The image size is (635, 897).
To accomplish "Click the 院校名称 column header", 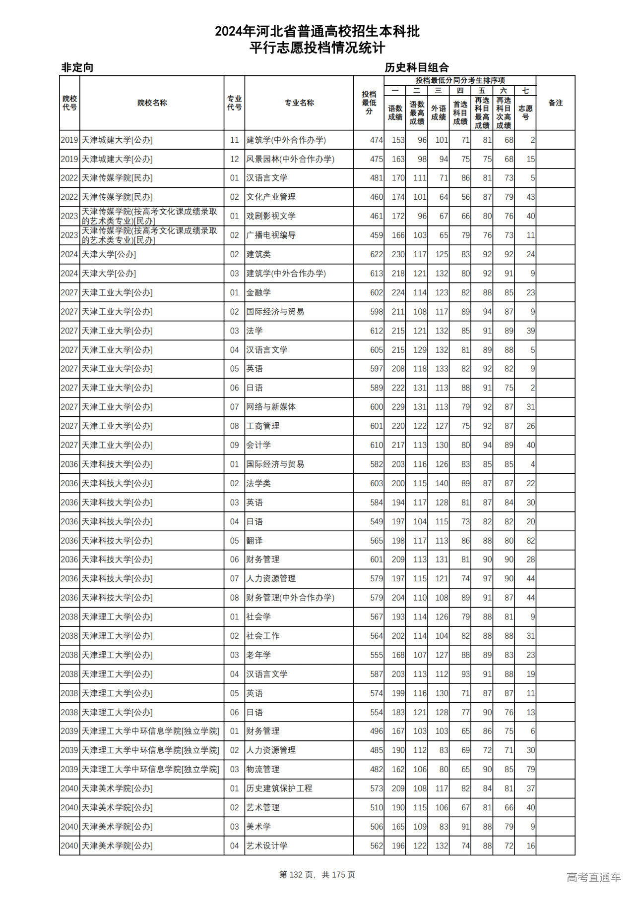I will point(152,103).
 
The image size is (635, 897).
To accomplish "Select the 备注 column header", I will point(555,103).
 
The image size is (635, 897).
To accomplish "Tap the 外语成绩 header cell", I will point(439,112).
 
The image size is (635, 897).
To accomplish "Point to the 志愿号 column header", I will point(525,112).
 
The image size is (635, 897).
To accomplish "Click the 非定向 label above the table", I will point(77,67).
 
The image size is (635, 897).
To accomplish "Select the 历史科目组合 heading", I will point(417,67).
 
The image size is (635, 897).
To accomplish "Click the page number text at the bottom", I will point(317,875).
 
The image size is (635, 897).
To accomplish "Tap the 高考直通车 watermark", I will point(593,877).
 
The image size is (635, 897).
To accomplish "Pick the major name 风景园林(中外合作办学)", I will point(290,159).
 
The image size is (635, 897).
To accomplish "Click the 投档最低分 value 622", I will point(376,254).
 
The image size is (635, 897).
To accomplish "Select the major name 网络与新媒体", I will point(271,407).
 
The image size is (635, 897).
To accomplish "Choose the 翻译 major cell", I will point(254,541).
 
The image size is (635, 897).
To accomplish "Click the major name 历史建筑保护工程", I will point(279,788).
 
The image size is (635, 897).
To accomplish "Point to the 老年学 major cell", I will point(258,655).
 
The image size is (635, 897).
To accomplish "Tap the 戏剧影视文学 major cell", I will point(271,216).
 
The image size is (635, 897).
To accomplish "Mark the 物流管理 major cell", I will point(263,769).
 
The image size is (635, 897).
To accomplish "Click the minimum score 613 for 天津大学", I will point(376,274).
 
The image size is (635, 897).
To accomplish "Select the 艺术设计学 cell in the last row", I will point(267,846).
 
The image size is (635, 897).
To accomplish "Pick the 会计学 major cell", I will point(258,445).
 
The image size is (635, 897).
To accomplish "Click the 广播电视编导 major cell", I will point(271,235).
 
